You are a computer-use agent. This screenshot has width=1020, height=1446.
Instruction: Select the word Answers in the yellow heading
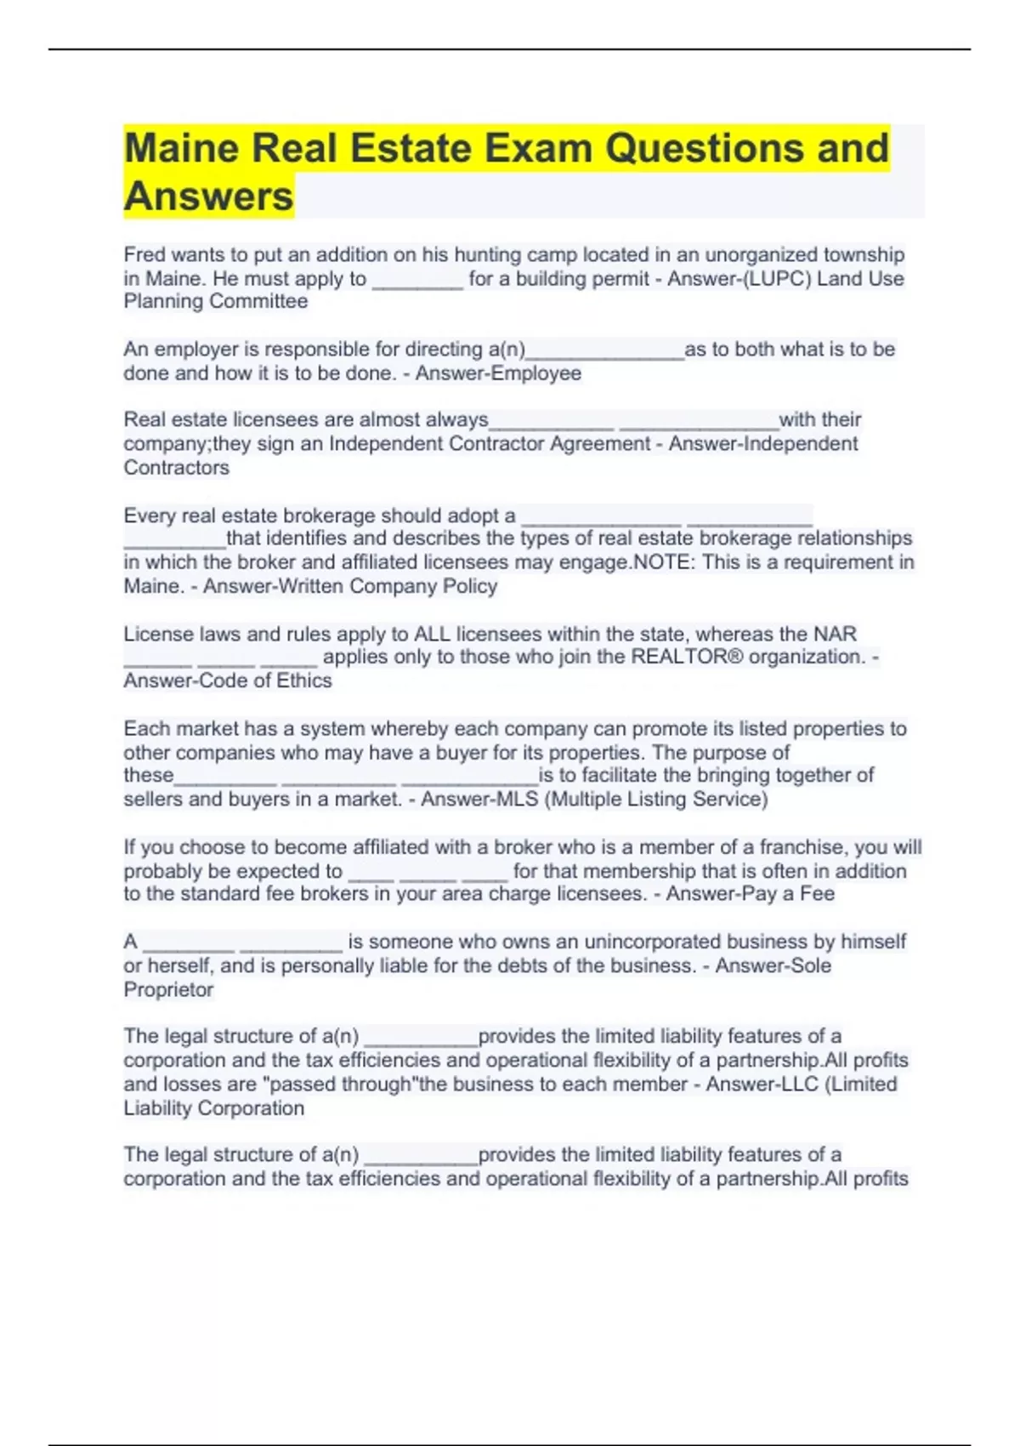209,196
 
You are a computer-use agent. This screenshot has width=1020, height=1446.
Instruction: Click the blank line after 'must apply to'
417,282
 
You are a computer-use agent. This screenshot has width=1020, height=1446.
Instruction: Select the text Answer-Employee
498,373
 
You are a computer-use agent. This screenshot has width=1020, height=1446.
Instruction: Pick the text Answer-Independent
763,444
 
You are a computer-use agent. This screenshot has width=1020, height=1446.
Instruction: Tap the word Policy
470,586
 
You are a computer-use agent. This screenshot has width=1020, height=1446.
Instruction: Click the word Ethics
303,681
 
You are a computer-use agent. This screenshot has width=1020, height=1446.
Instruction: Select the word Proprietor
168,990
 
